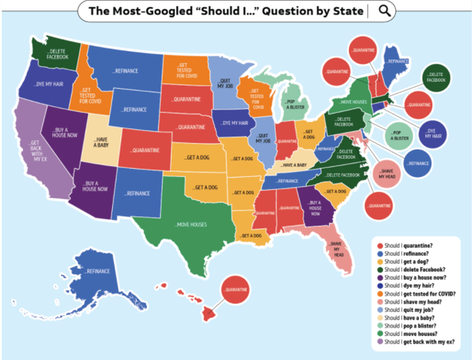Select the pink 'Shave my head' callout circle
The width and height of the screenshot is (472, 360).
(x=387, y=174)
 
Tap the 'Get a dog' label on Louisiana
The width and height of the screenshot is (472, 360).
(x=250, y=236)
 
